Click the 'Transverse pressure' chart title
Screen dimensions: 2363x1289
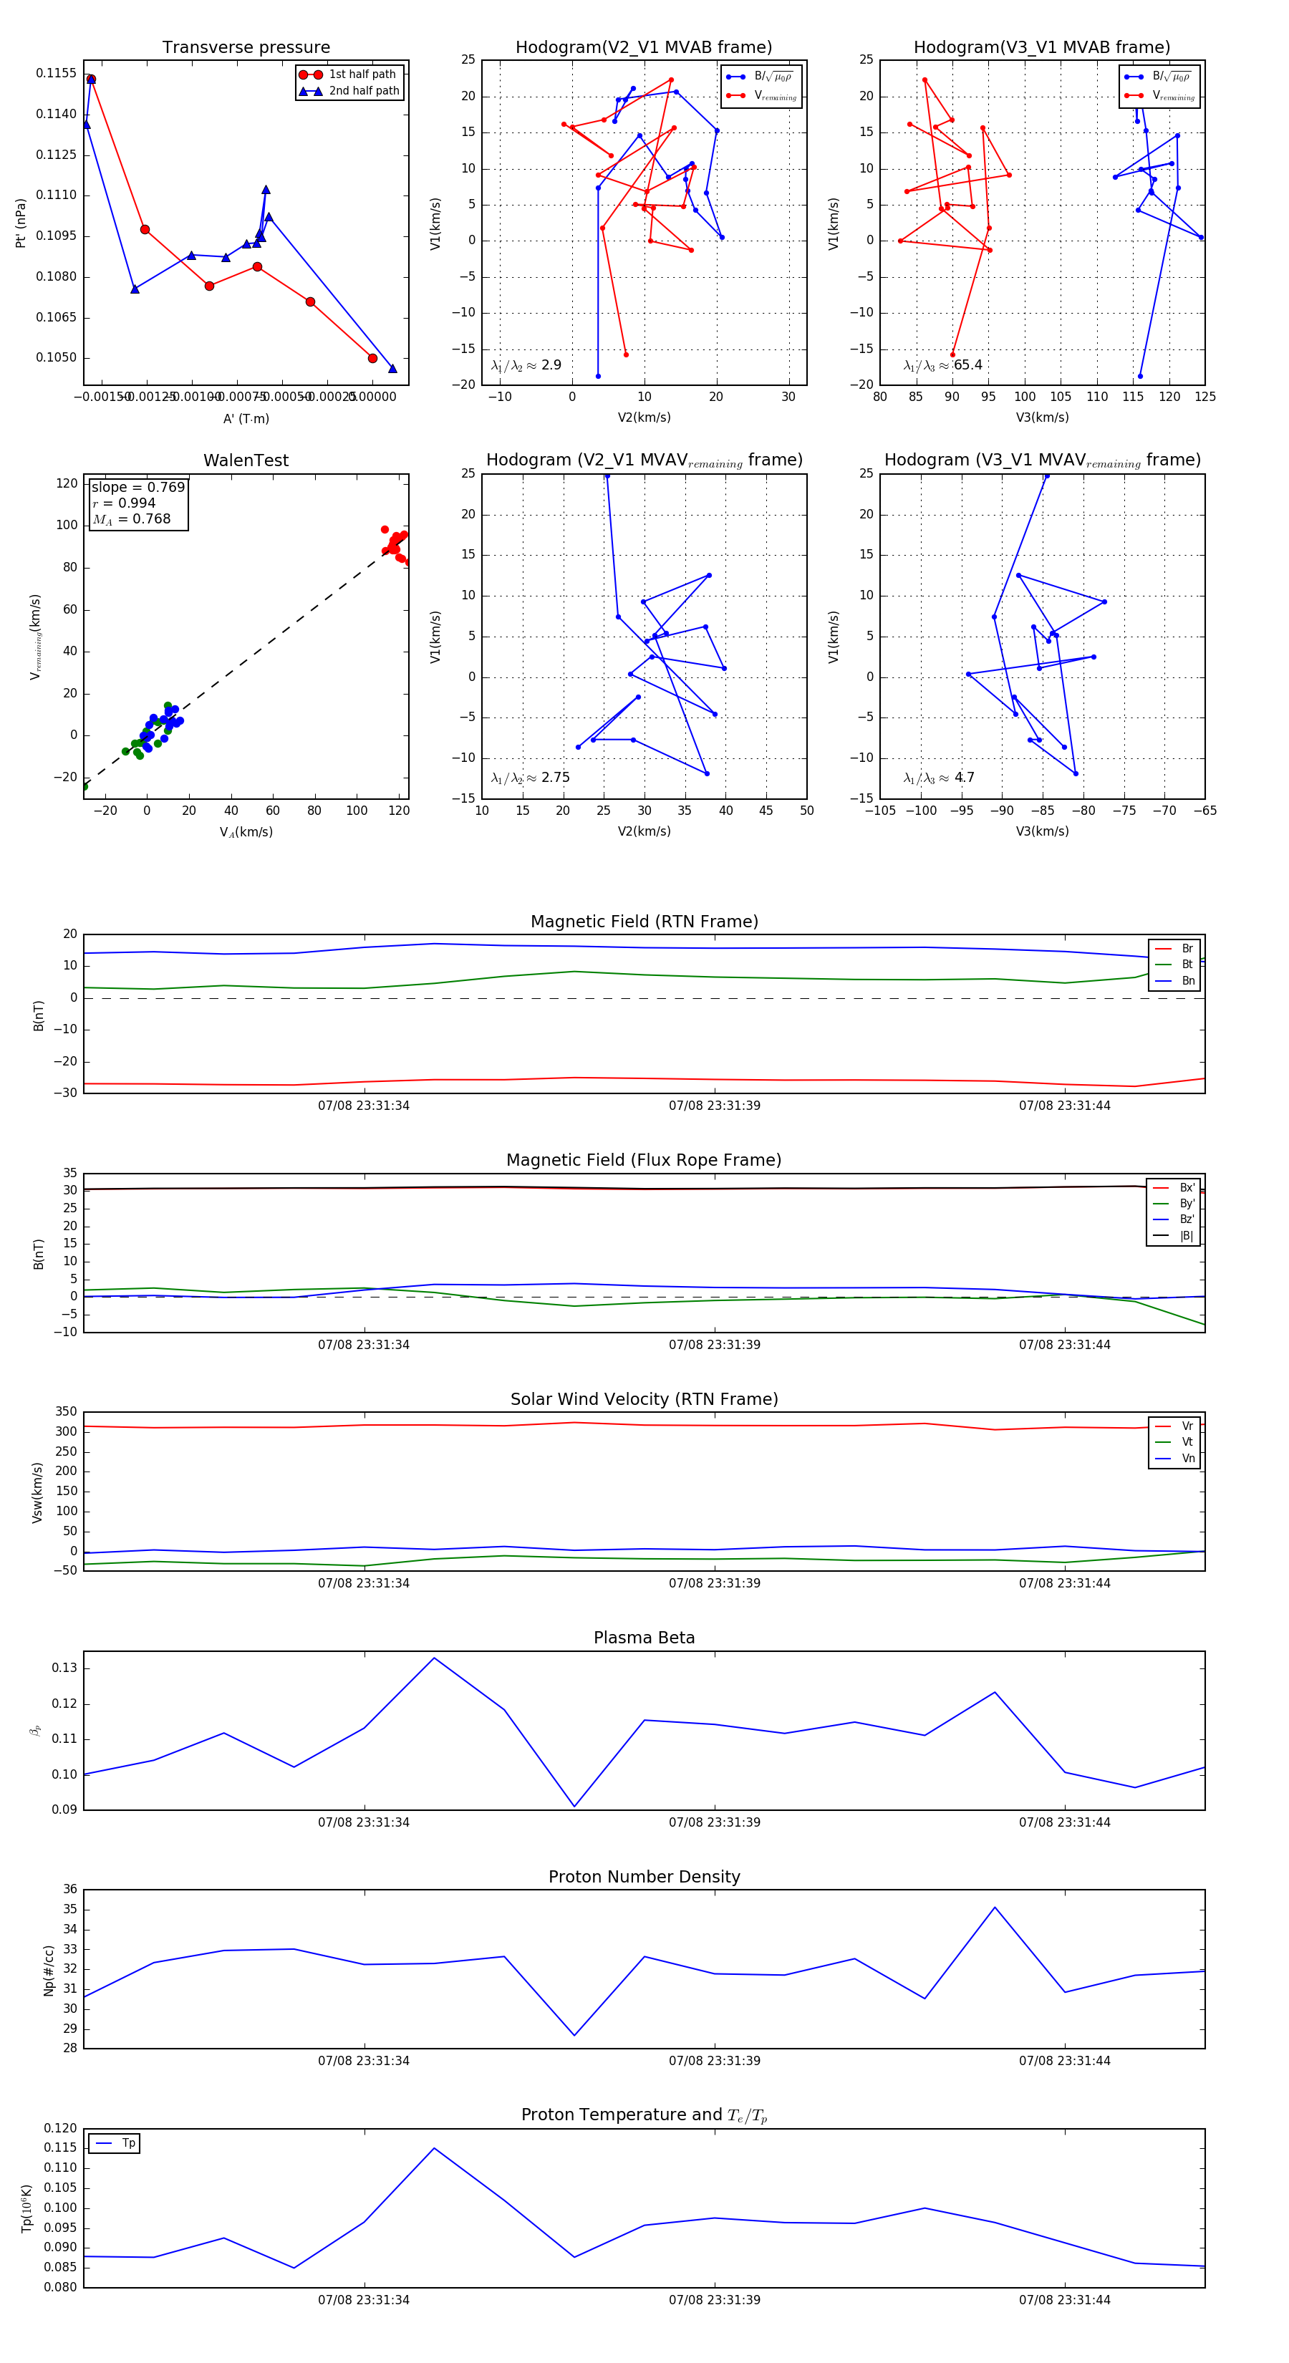coord(246,48)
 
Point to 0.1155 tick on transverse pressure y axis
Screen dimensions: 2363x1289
coord(56,73)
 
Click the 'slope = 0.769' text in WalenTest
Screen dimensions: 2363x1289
coord(137,487)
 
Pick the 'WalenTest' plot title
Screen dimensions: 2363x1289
coord(246,460)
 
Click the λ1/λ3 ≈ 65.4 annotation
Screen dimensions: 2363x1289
coord(943,365)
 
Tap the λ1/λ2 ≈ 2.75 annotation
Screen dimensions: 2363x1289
coord(530,778)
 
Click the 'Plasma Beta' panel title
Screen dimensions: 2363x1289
coord(644,1638)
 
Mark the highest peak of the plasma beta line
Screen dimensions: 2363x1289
coord(434,1658)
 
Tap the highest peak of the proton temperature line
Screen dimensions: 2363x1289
coord(434,2148)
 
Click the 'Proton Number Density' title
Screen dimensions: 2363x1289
coord(644,1877)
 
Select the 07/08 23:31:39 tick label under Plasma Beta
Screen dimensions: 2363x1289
coord(714,1822)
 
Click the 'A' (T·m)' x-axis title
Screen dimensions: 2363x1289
coord(246,418)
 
